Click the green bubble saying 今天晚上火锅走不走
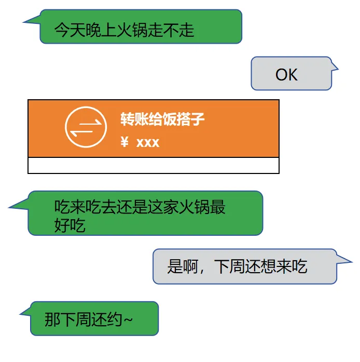tap(141, 27)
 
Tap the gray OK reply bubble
tap(291, 74)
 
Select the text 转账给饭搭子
tap(162, 119)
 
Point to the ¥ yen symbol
tap(124, 142)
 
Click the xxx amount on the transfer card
tap(148, 142)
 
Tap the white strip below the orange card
tap(154, 165)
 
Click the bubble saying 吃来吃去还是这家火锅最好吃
tap(145, 213)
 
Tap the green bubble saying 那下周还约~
tap(94, 318)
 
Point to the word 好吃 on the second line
tap(70, 226)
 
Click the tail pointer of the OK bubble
tap(335, 67)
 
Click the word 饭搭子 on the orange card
tap(182, 119)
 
